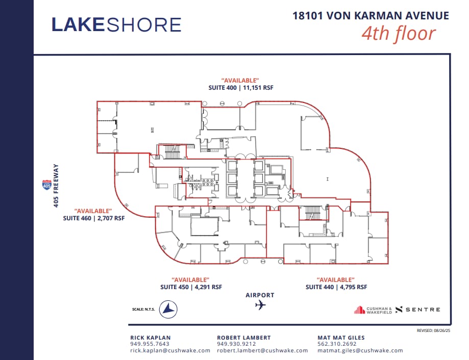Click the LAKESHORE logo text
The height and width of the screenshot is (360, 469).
[x=116, y=24]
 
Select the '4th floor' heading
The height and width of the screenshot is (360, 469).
[x=399, y=33]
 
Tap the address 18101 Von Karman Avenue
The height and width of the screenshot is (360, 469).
[x=371, y=15]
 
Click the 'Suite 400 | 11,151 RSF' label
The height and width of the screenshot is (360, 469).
[x=241, y=88]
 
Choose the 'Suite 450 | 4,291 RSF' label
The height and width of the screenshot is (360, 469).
[x=191, y=287]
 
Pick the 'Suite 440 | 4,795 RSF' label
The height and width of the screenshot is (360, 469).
[x=336, y=287]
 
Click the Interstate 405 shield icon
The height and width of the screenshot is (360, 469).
[x=46, y=185]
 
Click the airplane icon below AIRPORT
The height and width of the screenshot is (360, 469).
[x=260, y=305]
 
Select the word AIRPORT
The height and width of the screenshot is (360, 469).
[x=260, y=295]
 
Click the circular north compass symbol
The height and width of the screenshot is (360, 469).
[x=168, y=309]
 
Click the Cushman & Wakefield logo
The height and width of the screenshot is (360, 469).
[x=373, y=310]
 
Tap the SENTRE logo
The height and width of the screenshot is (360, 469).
[x=417, y=310]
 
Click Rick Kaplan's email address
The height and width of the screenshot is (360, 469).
[x=170, y=350]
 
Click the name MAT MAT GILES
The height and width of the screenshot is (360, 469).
[x=341, y=337]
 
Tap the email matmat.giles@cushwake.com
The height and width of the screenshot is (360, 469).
[x=360, y=350]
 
